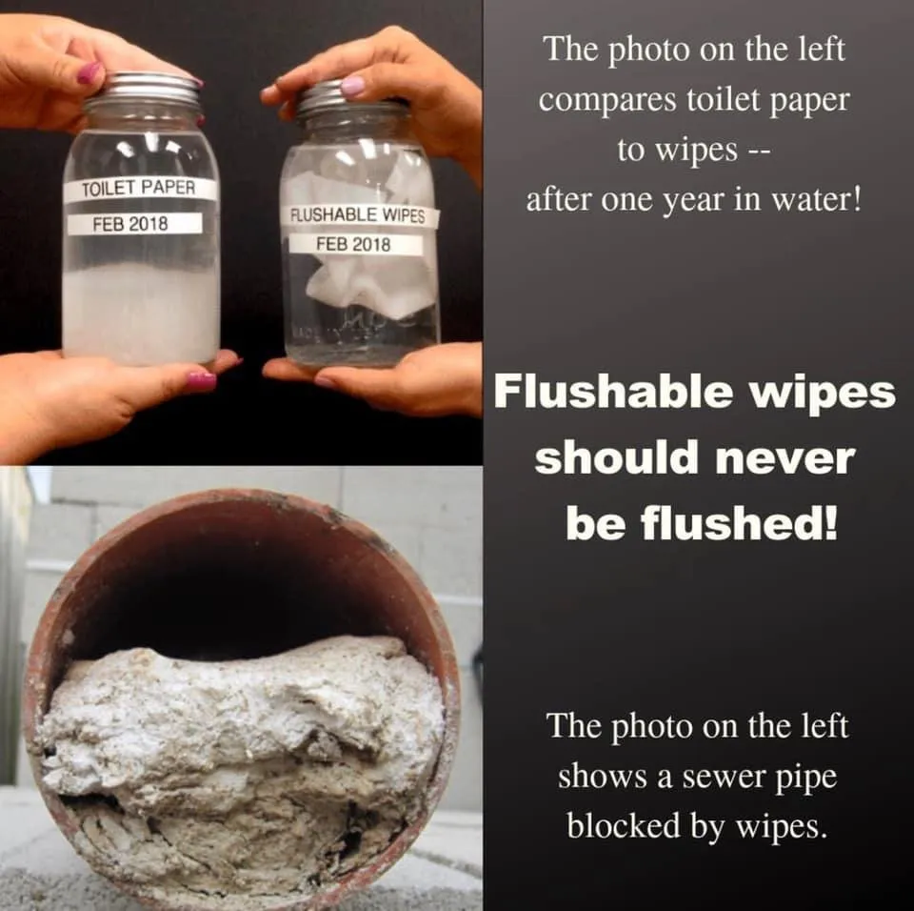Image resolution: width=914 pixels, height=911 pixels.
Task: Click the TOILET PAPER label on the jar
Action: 140,189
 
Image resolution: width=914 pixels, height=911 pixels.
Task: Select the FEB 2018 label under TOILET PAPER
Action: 134,224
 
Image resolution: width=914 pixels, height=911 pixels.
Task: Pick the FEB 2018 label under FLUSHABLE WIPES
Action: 354,243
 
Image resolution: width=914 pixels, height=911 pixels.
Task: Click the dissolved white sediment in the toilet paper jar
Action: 141,313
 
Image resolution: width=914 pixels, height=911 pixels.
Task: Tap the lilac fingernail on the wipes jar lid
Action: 352,86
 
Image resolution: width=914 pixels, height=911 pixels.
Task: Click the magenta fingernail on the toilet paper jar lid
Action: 89,72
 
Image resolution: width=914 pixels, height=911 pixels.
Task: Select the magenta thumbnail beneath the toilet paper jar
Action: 201,382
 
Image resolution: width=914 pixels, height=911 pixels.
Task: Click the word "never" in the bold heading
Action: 785,458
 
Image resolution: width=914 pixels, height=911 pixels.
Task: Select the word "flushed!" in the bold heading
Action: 739,523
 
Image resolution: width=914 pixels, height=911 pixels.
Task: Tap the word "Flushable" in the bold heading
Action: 613,393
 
